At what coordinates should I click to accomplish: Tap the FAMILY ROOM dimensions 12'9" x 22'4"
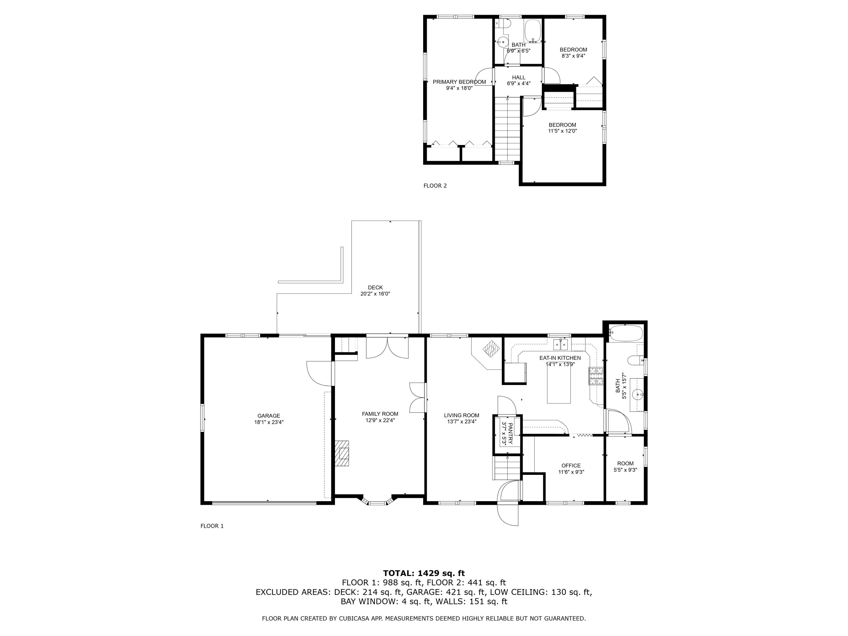380,420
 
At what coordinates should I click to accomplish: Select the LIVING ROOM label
462,415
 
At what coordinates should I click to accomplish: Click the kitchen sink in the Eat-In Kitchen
560,345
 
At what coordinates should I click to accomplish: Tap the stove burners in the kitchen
596,376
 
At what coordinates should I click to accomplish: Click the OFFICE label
571,465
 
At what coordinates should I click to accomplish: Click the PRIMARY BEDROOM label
459,82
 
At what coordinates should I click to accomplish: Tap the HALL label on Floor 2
518,77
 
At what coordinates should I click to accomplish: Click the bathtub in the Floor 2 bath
533,30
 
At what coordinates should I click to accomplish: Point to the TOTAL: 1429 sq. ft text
424,573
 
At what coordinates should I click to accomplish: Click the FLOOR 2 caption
435,185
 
